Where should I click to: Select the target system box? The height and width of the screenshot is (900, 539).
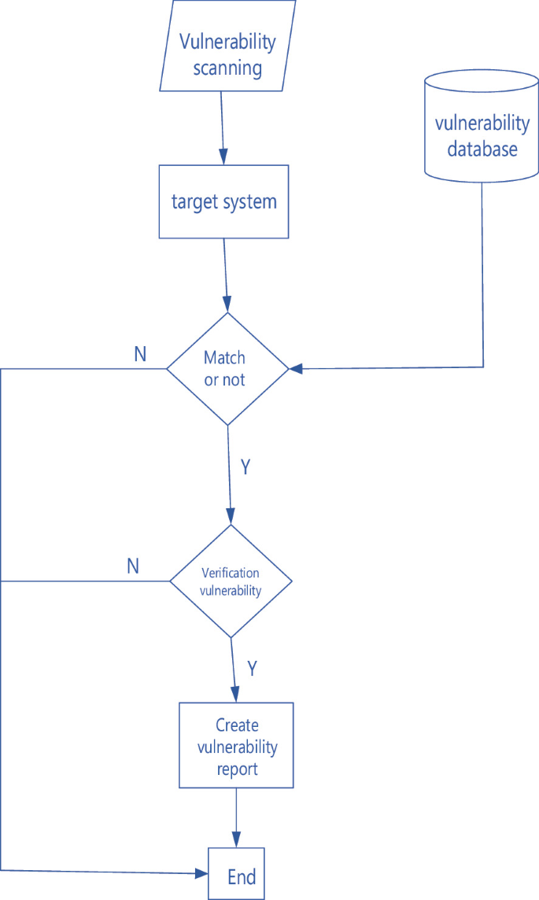pyautogui.click(x=224, y=201)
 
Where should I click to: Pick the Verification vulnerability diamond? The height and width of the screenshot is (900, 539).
pyautogui.click(x=231, y=581)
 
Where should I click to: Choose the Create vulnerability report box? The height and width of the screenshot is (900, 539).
pyautogui.click(x=237, y=745)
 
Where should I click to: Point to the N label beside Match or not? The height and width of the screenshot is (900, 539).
pyautogui.click(x=140, y=355)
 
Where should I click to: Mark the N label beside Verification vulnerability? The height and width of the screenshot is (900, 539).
pyautogui.click(x=133, y=566)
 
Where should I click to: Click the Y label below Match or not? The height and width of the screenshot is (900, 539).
pyautogui.click(x=246, y=467)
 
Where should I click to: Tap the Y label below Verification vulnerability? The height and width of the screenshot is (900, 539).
pyautogui.click(x=253, y=669)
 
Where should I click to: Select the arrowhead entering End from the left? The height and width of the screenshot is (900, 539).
pyautogui.click(x=201, y=872)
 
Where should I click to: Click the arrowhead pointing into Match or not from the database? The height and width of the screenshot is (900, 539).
pyautogui.click(x=296, y=368)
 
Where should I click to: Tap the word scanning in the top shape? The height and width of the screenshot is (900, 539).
pyautogui.click(x=227, y=68)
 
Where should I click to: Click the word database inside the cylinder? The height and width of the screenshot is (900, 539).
pyautogui.click(x=482, y=149)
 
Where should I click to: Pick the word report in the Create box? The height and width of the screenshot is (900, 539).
pyautogui.click(x=237, y=768)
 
